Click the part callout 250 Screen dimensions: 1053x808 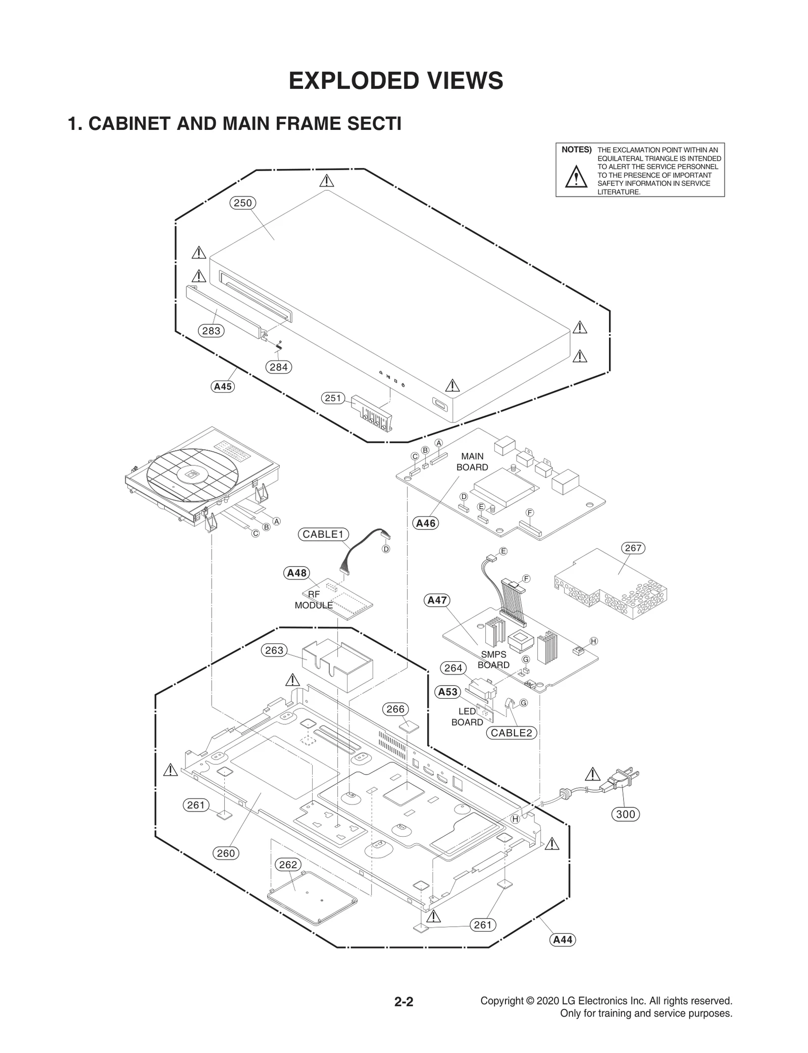click(x=242, y=203)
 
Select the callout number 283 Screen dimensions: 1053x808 click(x=211, y=331)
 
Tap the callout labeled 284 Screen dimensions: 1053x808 click(x=278, y=367)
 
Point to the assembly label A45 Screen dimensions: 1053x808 click(x=223, y=387)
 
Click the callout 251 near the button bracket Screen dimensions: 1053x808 click(x=333, y=398)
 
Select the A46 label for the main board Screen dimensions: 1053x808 click(x=425, y=523)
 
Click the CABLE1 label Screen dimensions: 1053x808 click(x=323, y=535)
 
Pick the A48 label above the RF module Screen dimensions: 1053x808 click(x=296, y=573)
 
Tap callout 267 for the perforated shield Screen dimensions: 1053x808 click(x=633, y=548)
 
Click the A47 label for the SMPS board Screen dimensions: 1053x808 click(x=437, y=600)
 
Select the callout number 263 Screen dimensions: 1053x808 click(x=274, y=650)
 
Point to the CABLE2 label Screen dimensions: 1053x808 click(x=511, y=733)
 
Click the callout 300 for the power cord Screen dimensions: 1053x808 click(x=625, y=815)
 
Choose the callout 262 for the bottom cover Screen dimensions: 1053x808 click(x=288, y=865)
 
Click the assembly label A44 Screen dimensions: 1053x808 click(x=563, y=940)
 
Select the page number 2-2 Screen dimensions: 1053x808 click(x=403, y=1002)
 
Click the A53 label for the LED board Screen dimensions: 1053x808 click(x=447, y=692)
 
